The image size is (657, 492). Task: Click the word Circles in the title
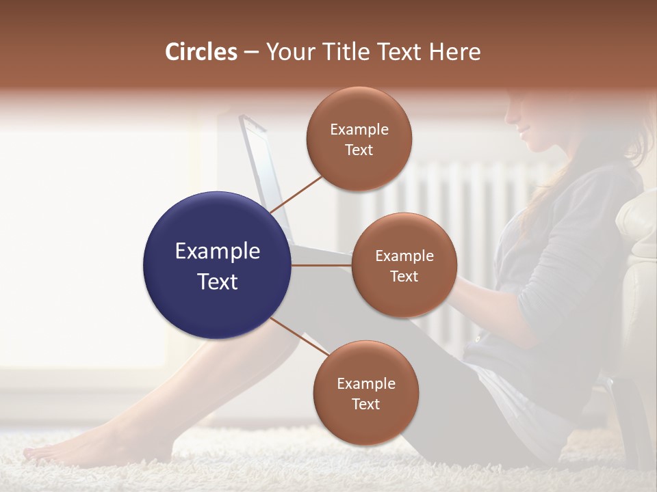pos(201,52)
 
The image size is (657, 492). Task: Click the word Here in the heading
pos(456,52)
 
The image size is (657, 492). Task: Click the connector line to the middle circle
pos(322,265)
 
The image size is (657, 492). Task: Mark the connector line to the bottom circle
pos(299,337)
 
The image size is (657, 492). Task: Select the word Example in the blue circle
pos(218,251)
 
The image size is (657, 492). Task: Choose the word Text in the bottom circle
pos(365,404)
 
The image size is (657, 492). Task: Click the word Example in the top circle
pos(359,129)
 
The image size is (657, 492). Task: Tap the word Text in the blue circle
pos(218,282)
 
